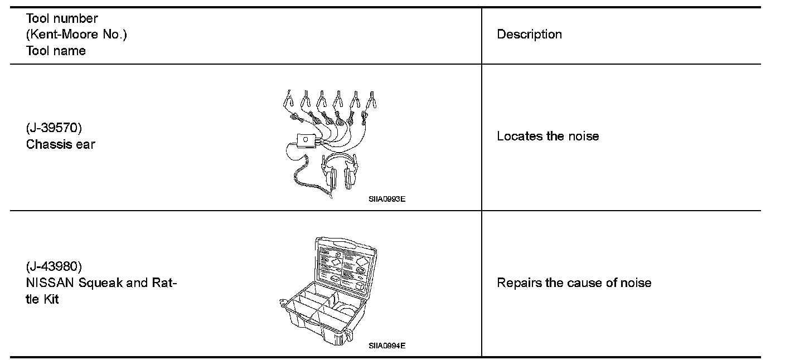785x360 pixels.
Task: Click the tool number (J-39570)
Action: (54, 128)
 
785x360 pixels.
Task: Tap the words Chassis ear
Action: (61, 144)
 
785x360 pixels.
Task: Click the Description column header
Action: (529, 35)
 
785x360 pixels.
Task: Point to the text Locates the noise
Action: (547, 137)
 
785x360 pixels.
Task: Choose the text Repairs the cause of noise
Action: (574, 283)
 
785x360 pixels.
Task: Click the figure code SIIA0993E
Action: (386, 198)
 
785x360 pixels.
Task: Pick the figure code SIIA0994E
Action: (386, 346)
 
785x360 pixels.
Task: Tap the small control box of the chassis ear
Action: (305, 139)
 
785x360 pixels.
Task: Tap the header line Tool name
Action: (56, 51)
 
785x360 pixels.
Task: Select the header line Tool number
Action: (62, 18)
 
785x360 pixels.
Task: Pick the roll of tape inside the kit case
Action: (345, 310)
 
